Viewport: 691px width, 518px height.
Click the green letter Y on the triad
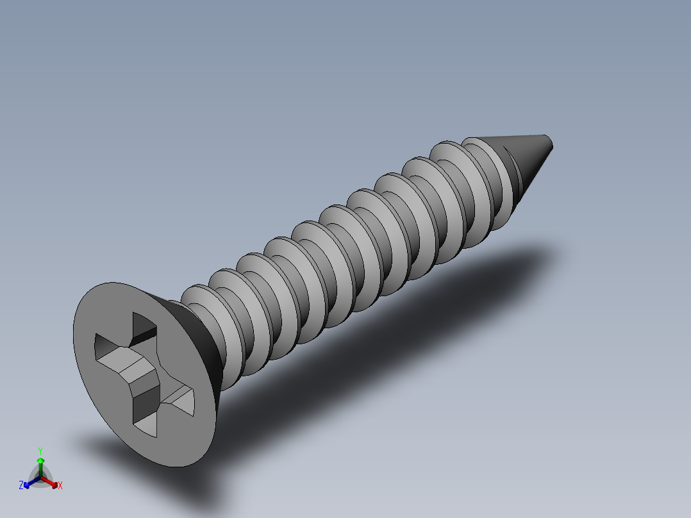(40, 451)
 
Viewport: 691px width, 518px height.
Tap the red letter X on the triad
(60, 486)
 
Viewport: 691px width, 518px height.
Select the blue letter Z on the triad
(21, 486)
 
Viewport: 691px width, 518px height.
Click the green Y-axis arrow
(40, 465)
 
